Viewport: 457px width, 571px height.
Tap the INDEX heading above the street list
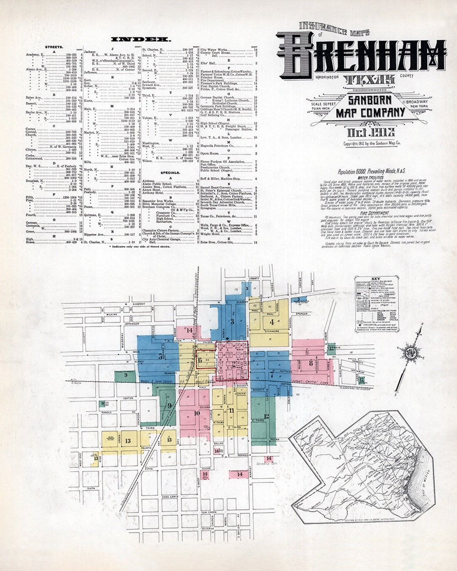(x=141, y=39)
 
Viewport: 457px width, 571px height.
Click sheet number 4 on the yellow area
(x=272, y=322)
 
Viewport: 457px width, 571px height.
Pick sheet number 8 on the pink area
(x=311, y=363)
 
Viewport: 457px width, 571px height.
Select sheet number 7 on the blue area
(x=272, y=374)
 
